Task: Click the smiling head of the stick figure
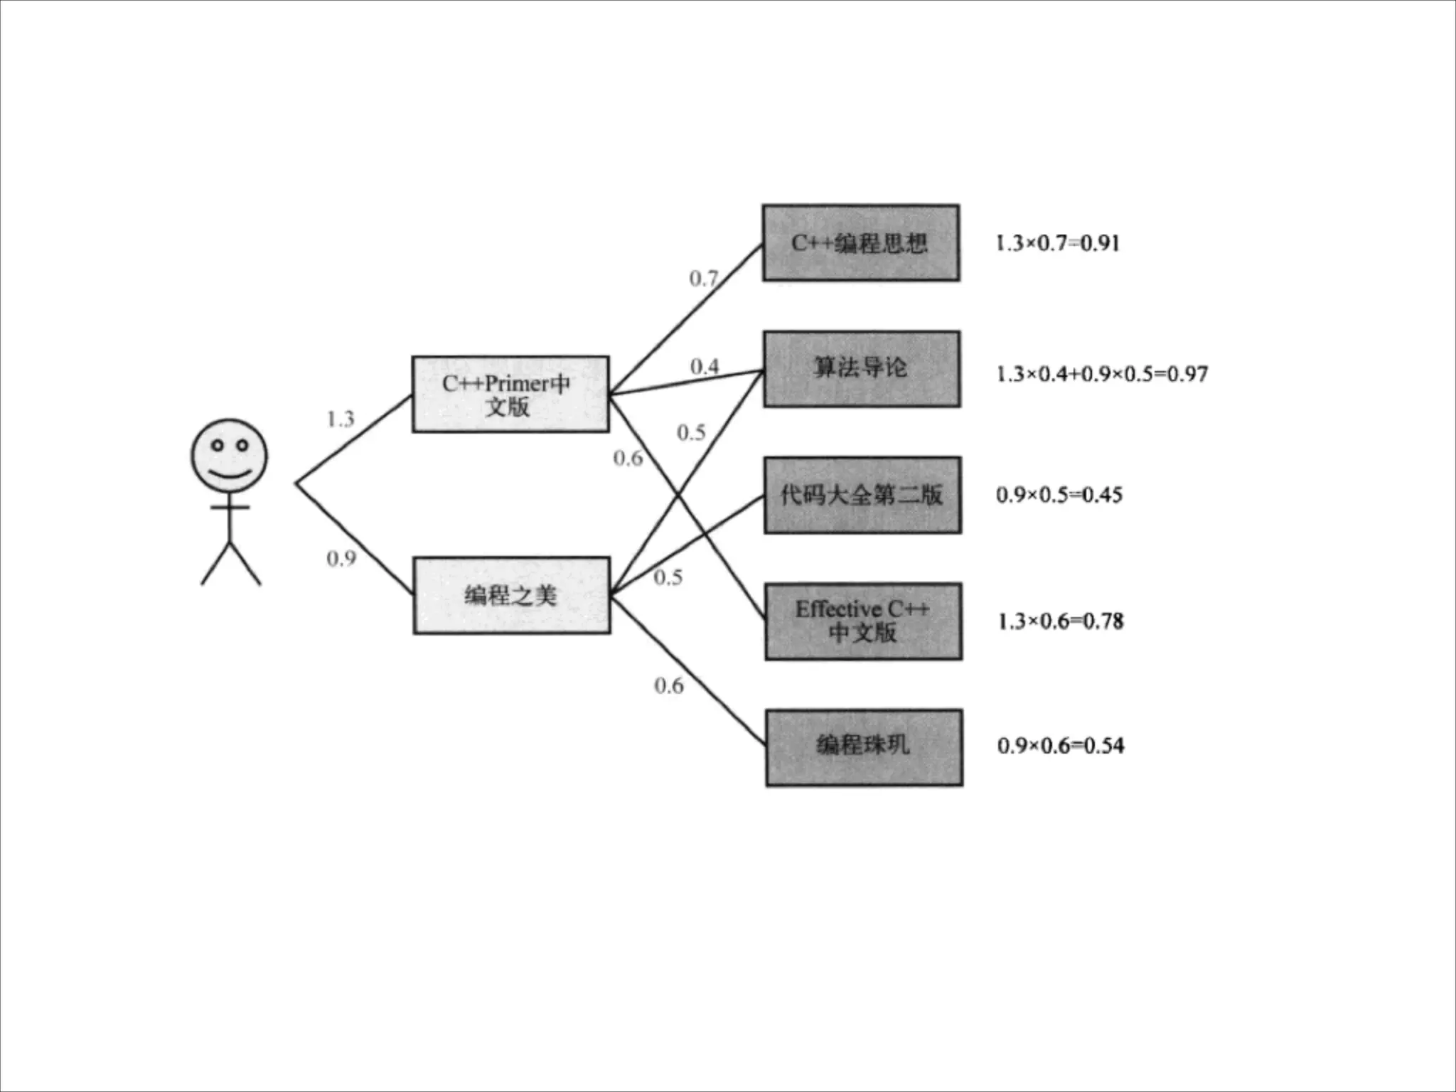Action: click(229, 456)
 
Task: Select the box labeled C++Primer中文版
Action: click(510, 394)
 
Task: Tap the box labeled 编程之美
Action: click(511, 595)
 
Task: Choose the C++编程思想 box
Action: click(860, 243)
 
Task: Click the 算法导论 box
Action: click(862, 369)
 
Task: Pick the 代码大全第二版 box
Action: click(862, 495)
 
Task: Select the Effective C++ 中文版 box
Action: click(863, 621)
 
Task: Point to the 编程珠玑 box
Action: click(864, 747)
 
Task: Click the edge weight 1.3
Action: click(341, 419)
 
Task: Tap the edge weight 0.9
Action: click(341, 559)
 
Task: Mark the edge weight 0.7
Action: click(703, 279)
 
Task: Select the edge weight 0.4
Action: click(705, 367)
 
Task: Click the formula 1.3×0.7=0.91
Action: click(1058, 243)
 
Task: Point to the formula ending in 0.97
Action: click(1101, 374)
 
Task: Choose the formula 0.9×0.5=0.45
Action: click(1059, 495)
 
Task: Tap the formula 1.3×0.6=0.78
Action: click(1061, 621)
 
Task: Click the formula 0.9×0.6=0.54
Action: click(1061, 746)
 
